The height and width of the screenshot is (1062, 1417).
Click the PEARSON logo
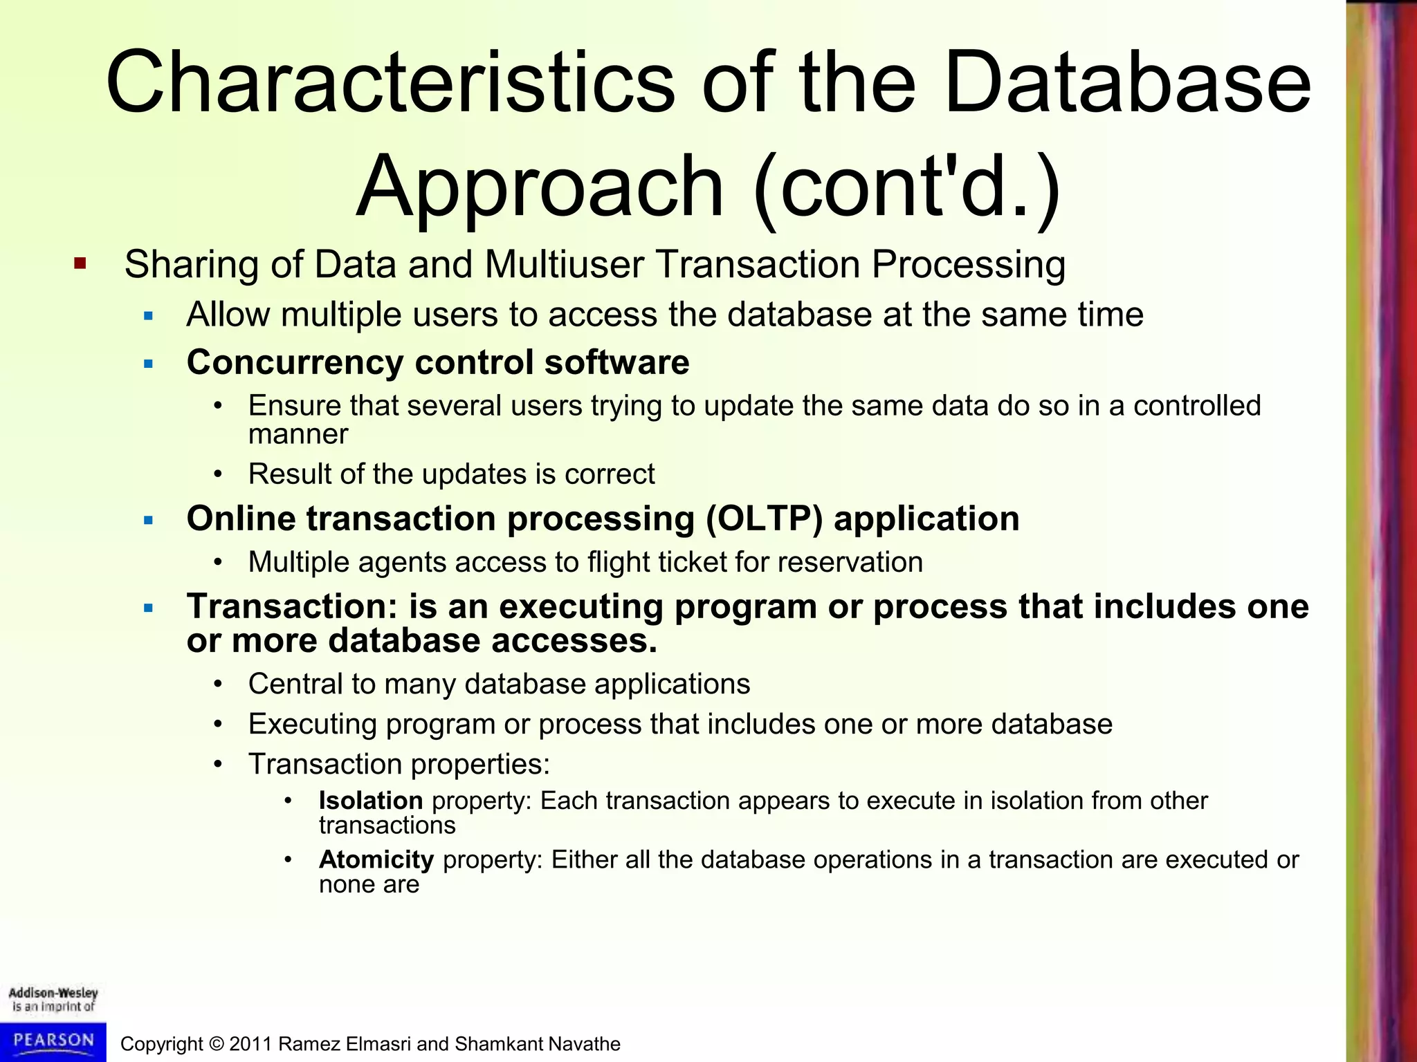point(53,1040)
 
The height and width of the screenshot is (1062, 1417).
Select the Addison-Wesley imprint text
point(53,999)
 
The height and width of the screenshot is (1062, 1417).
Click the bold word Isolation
point(370,801)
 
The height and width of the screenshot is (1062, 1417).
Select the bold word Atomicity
point(376,859)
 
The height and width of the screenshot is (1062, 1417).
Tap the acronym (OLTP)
point(764,519)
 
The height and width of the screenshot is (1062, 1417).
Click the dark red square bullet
point(80,263)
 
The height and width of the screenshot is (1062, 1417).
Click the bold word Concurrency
point(295,362)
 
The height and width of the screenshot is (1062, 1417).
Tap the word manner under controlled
point(298,434)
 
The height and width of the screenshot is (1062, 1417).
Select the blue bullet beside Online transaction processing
point(148,520)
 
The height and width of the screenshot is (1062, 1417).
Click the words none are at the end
point(369,884)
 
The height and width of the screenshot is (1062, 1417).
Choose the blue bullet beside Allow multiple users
point(148,316)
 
